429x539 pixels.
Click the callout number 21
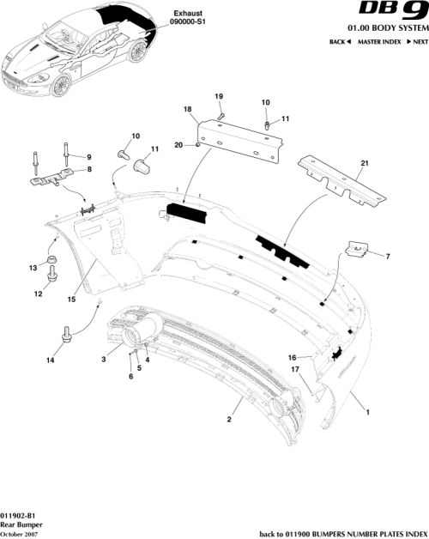click(x=364, y=163)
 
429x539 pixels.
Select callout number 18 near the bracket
click(x=187, y=110)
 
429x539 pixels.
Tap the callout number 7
click(x=387, y=257)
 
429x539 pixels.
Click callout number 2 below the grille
click(x=229, y=420)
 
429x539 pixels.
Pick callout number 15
click(x=72, y=300)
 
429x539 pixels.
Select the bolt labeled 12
click(x=52, y=274)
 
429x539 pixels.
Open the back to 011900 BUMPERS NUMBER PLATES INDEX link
click(x=341, y=532)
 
